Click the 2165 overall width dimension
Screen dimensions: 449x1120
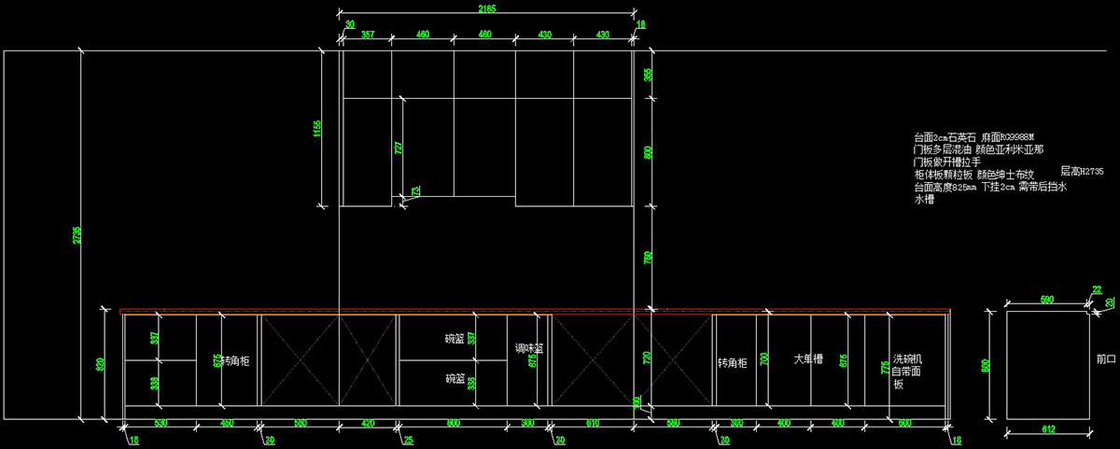(x=485, y=9)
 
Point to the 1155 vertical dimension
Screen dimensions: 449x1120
(x=318, y=127)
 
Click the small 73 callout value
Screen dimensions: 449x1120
(x=414, y=189)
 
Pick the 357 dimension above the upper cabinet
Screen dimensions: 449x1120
(x=368, y=35)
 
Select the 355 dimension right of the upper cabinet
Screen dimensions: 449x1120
(x=649, y=74)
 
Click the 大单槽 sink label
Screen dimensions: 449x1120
(x=807, y=358)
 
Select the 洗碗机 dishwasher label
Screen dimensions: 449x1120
(x=906, y=358)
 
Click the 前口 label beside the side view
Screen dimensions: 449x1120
(x=1106, y=358)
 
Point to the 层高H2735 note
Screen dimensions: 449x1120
(x=1082, y=172)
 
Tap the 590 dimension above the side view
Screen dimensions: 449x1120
(x=1046, y=301)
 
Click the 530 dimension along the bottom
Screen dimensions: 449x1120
(x=161, y=424)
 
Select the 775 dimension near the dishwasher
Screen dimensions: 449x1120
(x=883, y=367)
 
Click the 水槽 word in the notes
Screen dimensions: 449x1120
(x=924, y=199)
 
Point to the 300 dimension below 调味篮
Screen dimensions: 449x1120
(x=528, y=424)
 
